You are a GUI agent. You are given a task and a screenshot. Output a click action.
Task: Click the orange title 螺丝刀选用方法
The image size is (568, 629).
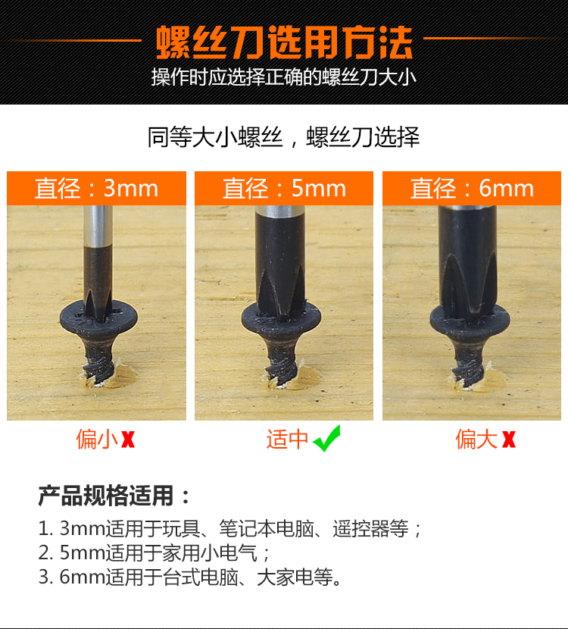click(284, 42)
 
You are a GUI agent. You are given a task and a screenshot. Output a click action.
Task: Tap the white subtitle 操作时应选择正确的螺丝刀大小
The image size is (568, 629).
click(284, 77)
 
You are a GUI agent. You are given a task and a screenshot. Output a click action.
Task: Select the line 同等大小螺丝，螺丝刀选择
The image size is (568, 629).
click(284, 137)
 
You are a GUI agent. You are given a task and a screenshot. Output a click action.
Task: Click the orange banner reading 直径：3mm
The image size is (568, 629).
click(97, 188)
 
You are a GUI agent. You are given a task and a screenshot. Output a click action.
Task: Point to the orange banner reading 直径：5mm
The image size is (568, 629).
click(284, 188)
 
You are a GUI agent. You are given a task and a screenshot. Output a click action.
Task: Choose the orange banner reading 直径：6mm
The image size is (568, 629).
click(472, 188)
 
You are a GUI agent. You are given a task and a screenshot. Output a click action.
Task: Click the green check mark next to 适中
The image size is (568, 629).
click(327, 439)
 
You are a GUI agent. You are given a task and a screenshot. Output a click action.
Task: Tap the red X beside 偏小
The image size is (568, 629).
click(128, 440)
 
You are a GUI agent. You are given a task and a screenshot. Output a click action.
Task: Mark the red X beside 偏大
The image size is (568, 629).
click(509, 440)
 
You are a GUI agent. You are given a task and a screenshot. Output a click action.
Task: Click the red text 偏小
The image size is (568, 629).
click(97, 440)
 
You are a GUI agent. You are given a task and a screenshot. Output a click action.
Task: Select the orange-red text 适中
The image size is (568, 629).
click(287, 440)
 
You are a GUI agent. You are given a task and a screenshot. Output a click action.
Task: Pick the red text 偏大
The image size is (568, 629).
click(476, 440)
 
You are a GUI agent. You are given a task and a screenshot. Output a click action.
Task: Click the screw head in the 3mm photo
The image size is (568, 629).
click(98, 319)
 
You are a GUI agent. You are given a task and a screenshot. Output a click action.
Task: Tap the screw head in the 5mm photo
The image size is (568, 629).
click(281, 320)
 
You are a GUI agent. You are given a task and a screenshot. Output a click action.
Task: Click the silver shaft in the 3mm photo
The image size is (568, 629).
click(98, 227)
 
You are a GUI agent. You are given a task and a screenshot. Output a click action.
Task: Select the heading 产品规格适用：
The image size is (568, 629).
click(114, 496)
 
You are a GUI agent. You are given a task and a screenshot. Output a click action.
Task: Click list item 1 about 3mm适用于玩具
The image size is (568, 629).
click(229, 529)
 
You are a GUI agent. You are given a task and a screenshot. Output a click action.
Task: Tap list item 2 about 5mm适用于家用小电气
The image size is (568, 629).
click(154, 553)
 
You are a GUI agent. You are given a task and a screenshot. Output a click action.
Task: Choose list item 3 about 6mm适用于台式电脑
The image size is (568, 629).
click(190, 577)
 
